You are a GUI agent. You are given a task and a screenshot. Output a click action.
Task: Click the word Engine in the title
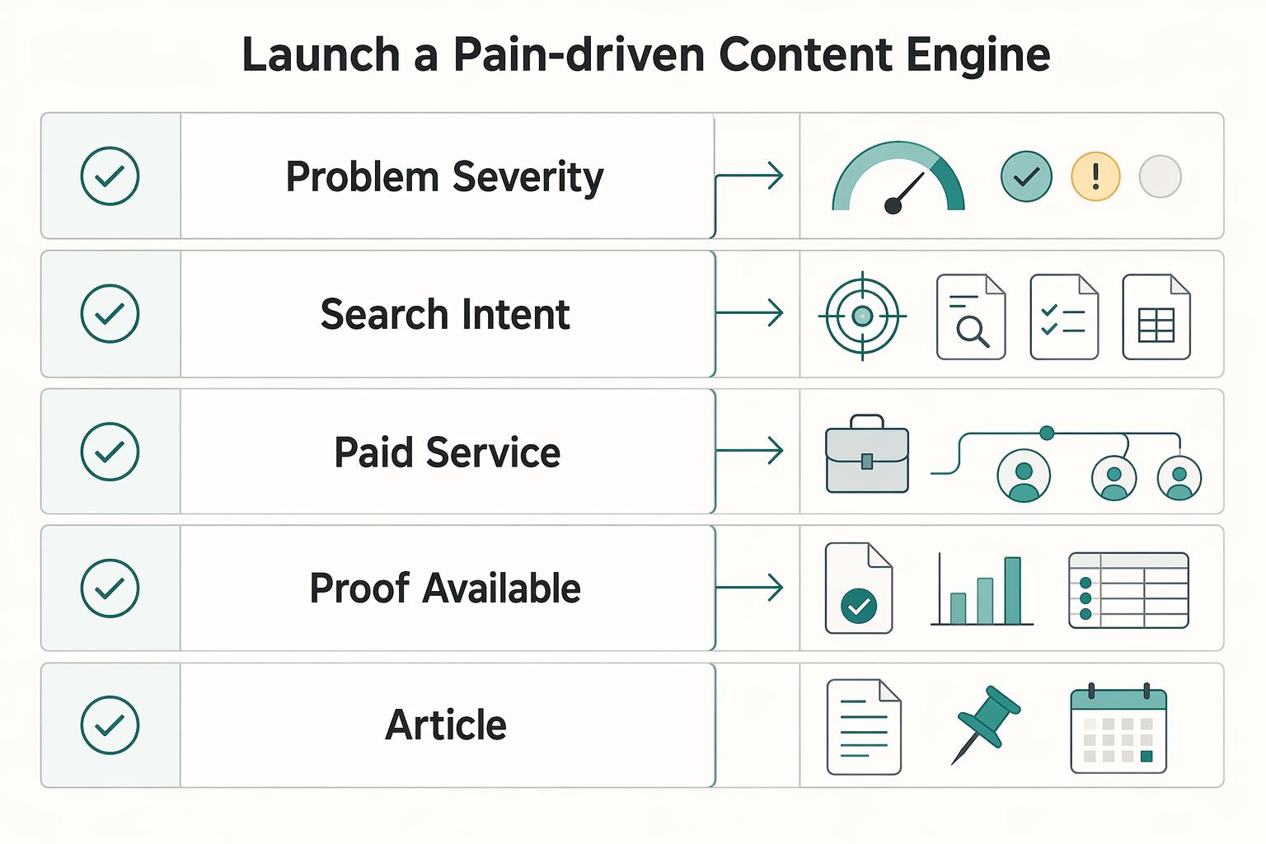pyautogui.click(x=978, y=55)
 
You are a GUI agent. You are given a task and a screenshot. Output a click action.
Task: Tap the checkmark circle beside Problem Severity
pyautogui.click(x=110, y=176)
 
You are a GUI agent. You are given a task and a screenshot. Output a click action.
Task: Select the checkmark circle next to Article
pyautogui.click(x=110, y=724)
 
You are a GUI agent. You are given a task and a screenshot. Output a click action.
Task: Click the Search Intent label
pyautogui.click(x=445, y=314)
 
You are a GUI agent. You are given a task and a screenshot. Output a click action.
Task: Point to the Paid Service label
pyautogui.click(x=447, y=452)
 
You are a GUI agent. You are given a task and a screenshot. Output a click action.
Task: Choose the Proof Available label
pyautogui.click(x=445, y=588)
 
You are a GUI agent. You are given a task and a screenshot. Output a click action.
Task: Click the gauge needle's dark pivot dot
pyautogui.click(x=893, y=206)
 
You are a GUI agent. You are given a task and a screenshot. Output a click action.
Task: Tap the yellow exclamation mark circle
pyautogui.click(x=1095, y=176)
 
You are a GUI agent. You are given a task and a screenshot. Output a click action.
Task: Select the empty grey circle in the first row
pyautogui.click(x=1160, y=176)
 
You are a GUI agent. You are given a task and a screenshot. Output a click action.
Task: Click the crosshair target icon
pyautogui.click(x=862, y=316)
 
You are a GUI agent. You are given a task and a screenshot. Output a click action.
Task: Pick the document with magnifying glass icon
pyautogui.click(x=971, y=317)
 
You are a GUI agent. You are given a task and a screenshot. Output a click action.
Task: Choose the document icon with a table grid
pyautogui.click(x=1156, y=317)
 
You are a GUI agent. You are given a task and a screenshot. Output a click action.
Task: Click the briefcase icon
pyautogui.click(x=867, y=454)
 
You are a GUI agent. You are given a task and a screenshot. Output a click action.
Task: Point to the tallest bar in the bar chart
pyautogui.click(x=1012, y=591)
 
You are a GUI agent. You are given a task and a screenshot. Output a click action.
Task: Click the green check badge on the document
pyautogui.click(x=859, y=606)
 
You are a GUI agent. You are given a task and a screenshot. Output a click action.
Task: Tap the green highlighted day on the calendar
pyautogui.click(x=1146, y=757)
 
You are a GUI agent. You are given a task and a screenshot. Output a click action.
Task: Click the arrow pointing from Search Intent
pyautogui.click(x=749, y=312)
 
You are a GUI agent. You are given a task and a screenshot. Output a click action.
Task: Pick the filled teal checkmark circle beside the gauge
pyautogui.click(x=1026, y=176)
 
